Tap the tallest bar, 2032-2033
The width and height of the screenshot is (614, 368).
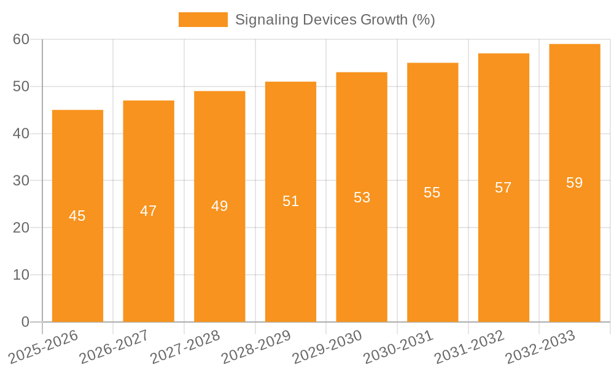575,245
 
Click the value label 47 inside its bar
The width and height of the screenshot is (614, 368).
149,211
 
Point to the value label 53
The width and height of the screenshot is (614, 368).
362,197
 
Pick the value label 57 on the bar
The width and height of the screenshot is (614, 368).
503,188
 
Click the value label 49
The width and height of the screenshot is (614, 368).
220,206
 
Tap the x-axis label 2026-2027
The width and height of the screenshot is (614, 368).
114,347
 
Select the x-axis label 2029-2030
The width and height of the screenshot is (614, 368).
327,347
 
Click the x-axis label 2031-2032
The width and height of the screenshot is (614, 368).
470,347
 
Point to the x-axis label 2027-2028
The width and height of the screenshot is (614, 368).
185,347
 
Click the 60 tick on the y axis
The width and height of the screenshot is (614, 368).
21,39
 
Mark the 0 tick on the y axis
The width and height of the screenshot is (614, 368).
25,322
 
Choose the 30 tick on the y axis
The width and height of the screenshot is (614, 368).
21,181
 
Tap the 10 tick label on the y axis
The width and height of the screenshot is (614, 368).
21,275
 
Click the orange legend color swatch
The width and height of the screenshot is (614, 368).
203,20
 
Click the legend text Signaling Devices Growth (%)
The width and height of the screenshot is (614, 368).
335,20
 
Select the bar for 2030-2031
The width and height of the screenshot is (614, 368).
432,258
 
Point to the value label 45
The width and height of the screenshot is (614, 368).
77,216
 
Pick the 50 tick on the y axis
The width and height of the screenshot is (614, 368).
21,86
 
